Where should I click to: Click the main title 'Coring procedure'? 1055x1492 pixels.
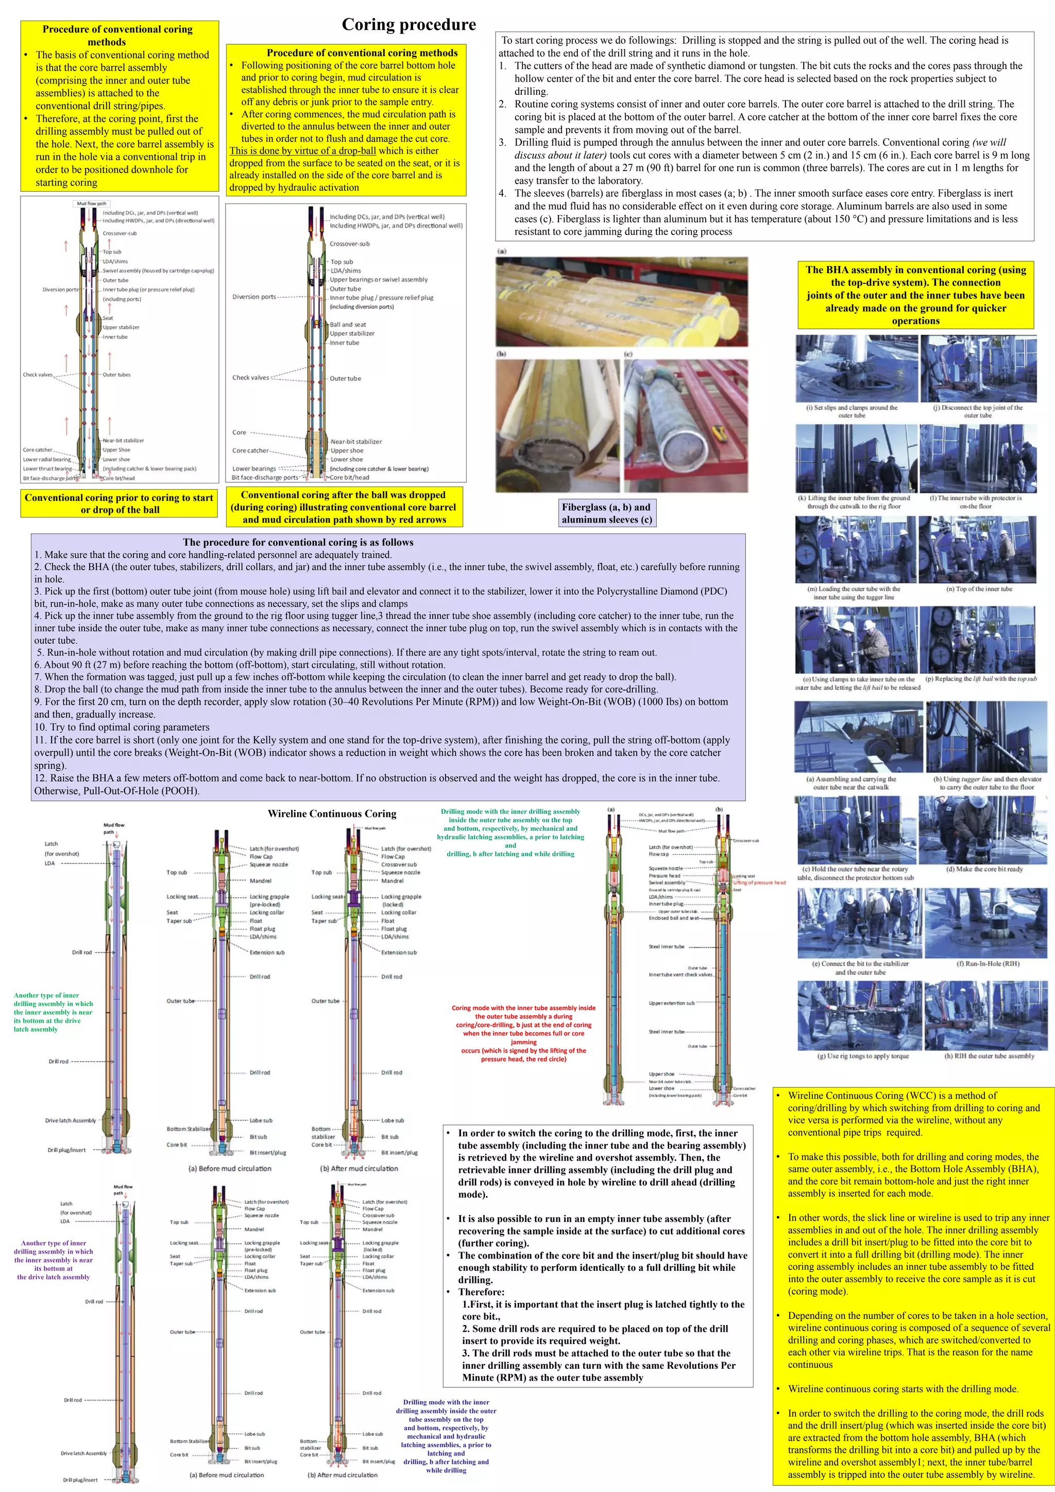[x=409, y=25]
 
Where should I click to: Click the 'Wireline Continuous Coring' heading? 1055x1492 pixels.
[x=331, y=814]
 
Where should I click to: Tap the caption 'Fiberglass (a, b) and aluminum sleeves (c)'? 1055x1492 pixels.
[x=607, y=513]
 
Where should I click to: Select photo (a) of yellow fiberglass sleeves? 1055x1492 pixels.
[x=621, y=301]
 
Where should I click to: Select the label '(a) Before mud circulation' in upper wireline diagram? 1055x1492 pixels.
[x=230, y=1168]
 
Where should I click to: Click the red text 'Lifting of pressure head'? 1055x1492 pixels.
[x=759, y=882]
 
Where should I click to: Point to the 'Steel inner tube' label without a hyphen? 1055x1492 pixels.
[x=666, y=947]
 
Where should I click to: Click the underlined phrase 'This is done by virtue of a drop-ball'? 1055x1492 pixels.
[x=303, y=151]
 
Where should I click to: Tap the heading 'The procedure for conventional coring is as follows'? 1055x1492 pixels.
[x=298, y=542]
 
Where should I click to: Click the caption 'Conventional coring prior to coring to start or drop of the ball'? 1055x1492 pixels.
[x=119, y=504]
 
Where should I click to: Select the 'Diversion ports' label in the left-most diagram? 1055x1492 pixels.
[x=60, y=290]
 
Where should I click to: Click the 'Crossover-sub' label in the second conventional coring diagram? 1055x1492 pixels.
[x=349, y=244]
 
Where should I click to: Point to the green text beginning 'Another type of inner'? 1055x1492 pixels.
[x=53, y=1012]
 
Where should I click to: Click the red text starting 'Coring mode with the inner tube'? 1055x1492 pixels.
[x=523, y=1033]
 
